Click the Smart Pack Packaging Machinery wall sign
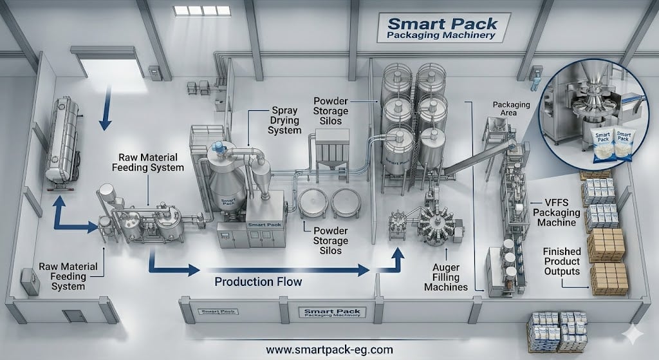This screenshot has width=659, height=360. coord(442,28)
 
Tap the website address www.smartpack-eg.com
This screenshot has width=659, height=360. coord(329,349)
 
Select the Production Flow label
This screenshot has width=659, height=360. coord(258,281)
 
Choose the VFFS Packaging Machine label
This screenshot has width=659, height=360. coord(557,213)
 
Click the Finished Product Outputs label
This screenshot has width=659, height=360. coord(561,261)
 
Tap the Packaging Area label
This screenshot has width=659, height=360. coord(511,108)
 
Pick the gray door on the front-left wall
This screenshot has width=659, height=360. coord(74,316)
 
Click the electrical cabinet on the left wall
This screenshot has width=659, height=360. coord(30,281)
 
